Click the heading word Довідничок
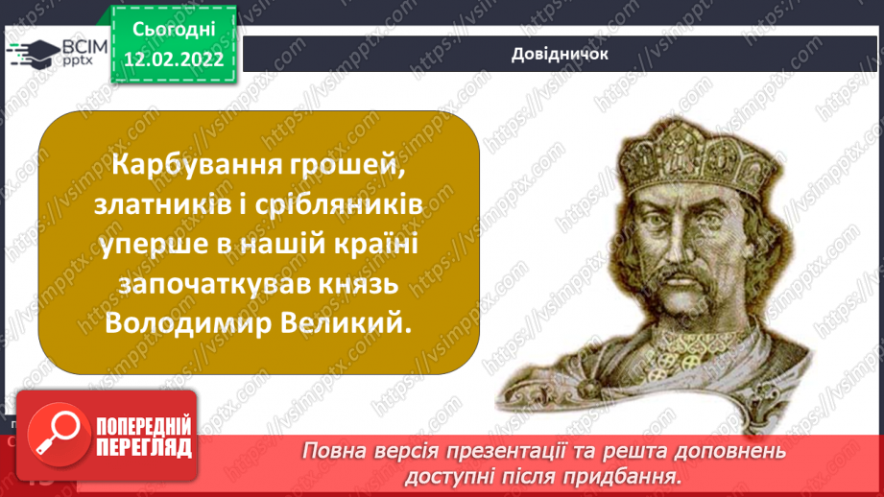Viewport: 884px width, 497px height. (560, 54)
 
